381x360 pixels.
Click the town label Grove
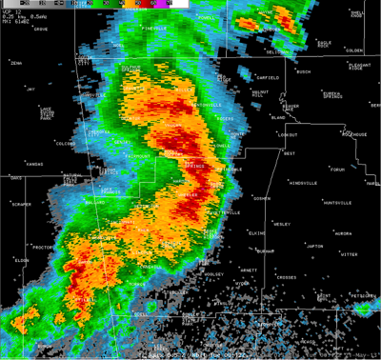point(40,30)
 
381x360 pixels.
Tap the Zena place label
point(16,63)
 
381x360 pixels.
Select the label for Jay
point(30,89)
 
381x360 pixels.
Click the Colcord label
point(65,144)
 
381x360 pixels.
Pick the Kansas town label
point(34,164)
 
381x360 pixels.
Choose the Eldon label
point(22,260)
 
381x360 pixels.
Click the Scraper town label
point(22,205)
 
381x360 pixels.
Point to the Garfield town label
point(268,77)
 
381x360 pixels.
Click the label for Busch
point(304,72)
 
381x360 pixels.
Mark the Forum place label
point(336,170)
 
